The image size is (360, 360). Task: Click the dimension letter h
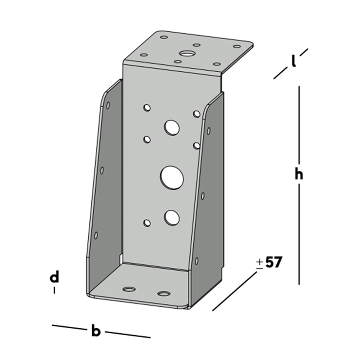click(299, 174)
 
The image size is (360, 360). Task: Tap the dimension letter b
click(96, 330)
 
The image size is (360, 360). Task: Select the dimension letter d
click(55, 276)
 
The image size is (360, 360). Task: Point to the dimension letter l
click(293, 61)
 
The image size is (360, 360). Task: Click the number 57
click(273, 262)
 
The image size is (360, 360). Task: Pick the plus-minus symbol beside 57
click(260, 264)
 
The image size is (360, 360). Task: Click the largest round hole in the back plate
click(172, 178)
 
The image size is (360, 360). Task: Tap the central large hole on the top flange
click(187, 54)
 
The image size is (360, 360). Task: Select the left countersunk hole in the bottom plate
click(129, 289)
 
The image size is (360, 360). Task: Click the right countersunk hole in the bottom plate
click(164, 294)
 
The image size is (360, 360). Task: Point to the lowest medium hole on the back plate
click(172, 217)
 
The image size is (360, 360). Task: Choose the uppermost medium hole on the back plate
click(172, 127)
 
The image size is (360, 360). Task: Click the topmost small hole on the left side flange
click(108, 105)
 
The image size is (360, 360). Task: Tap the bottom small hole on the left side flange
click(96, 235)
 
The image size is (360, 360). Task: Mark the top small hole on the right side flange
click(209, 131)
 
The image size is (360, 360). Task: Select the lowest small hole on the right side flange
click(197, 261)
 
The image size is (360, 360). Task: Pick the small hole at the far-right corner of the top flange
click(237, 46)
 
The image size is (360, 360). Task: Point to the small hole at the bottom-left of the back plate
click(147, 223)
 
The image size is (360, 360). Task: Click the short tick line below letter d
click(55, 290)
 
